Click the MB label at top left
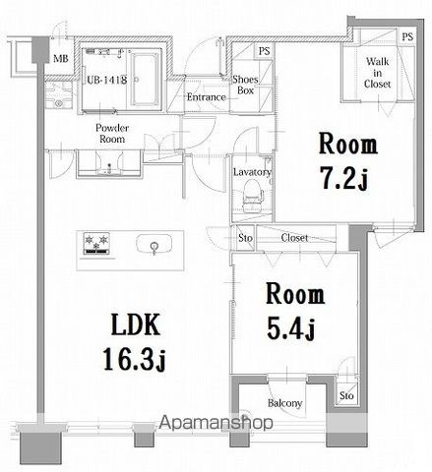59,58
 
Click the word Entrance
206,96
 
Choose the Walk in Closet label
378,74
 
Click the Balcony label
284,404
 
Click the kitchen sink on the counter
154,245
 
